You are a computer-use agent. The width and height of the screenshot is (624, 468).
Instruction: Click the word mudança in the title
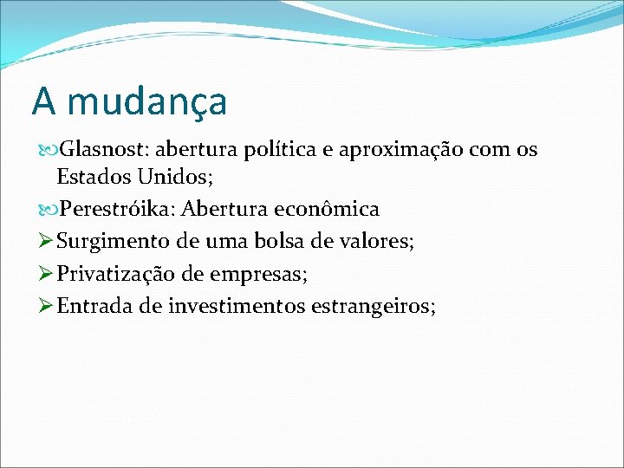click(146, 102)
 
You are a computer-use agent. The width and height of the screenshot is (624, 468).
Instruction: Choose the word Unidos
click(172, 179)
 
